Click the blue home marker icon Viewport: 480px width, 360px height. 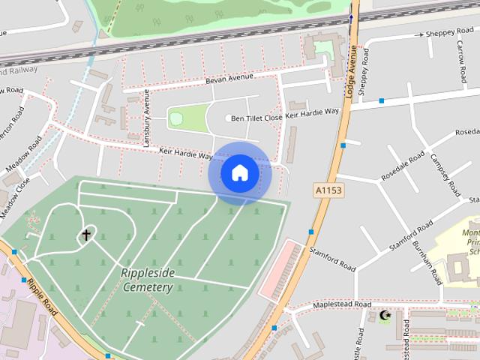point(239,173)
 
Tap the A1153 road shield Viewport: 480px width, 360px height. point(328,190)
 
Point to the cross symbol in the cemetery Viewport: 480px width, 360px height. point(86,235)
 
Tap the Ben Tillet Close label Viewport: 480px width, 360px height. point(256,118)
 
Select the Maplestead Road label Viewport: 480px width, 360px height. point(342,305)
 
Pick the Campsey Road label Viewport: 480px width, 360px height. point(445,175)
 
